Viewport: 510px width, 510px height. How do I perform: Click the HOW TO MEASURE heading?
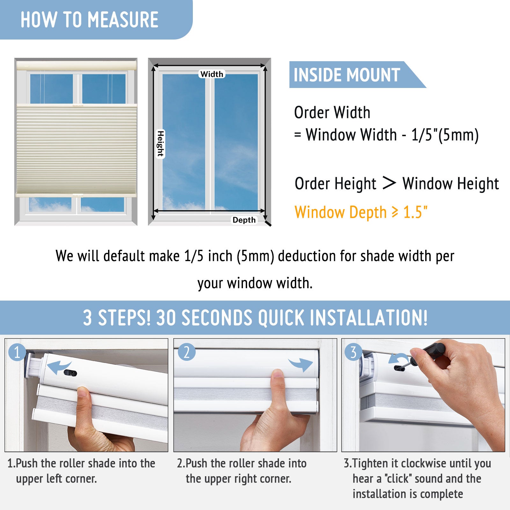pos(90,20)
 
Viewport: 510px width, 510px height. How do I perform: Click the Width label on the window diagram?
pos(212,74)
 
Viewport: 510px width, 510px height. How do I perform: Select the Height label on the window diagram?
pos(160,144)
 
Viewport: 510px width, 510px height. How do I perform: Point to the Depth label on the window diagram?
pos(244,220)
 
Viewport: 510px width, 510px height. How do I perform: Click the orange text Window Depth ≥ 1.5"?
pos(361,212)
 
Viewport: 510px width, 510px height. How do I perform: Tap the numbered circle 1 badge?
pos(17,352)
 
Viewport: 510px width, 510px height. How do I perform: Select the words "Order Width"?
pos(332,113)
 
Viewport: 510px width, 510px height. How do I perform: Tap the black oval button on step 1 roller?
pos(70,373)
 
